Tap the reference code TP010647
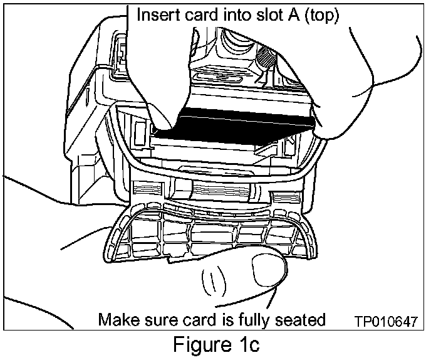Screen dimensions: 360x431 384,321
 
